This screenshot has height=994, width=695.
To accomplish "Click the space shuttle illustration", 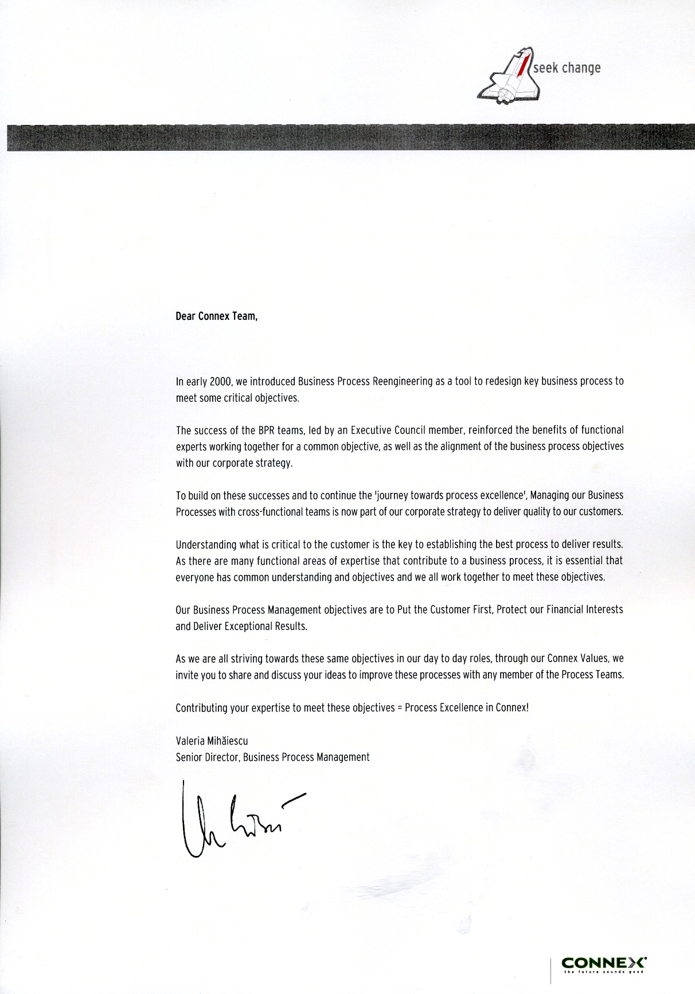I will [x=509, y=77].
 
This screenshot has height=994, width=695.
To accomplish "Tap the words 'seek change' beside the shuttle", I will [x=567, y=68].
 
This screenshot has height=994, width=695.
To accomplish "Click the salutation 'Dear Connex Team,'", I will [x=217, y=316].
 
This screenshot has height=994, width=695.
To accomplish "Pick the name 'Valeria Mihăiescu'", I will [x=212, y=741].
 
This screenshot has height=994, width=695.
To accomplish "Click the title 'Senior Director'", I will [x=207, y=757].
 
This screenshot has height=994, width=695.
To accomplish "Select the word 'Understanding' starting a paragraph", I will [x=204, y=544].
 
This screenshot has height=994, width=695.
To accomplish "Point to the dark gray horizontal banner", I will [x=347, y=137].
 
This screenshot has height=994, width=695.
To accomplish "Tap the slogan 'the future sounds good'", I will [x=603, y=971].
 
